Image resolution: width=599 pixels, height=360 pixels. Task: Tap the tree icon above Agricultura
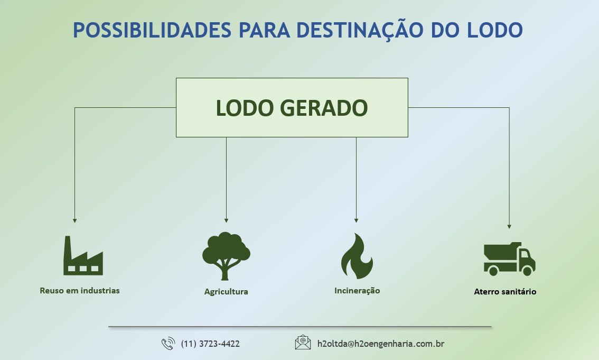(x=226, y=256)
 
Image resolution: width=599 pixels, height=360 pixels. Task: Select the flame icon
(x=357, y=256)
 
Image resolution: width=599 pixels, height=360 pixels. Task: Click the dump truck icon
(x=509, y=259)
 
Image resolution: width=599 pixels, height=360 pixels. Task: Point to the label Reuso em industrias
(x=80, y=290)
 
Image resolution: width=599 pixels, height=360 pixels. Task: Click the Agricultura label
(x=226, y=291)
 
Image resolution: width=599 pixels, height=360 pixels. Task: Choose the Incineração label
(x=357, y=291)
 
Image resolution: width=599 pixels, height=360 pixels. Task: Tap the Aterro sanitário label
(x=505, y=291)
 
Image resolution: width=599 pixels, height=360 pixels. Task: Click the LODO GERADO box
(x=292, y=108)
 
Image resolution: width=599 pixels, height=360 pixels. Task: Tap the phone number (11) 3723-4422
(x=210, y=344)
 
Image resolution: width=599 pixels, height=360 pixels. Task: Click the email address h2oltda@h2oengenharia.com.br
(x=380, y=344)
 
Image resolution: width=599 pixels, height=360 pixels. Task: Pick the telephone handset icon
(x=168, y=344)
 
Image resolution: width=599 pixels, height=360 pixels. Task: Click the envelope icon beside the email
(x=303, y=343)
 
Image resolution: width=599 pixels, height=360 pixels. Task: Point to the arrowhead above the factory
(x=74, y=220)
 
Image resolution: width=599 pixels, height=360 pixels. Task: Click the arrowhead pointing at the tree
(x=226, y=220)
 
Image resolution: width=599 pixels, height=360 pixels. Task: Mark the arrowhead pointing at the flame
(x=356, y=220)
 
